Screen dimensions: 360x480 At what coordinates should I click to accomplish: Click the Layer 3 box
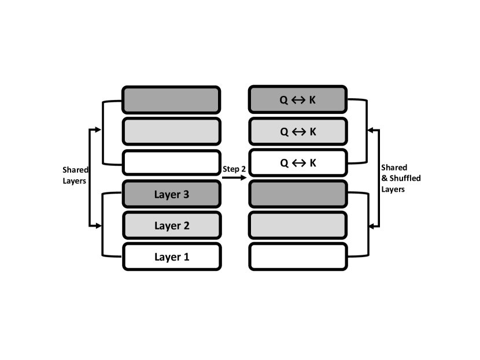click(171, 195)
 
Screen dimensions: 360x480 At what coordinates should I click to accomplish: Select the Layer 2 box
click(171, 225)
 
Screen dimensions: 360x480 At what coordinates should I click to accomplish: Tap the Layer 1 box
click(171, 257)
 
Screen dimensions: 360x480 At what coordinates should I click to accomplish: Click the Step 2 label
click(234, 168)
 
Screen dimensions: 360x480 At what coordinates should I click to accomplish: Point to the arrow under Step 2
click(234, 177)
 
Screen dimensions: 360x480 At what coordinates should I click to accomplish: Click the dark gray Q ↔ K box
click(298, 100)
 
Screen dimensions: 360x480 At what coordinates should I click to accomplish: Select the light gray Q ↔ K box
click(298, 131)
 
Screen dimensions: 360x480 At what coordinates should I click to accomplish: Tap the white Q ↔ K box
click(298, 163)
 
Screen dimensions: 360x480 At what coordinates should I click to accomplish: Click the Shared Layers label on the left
click(75, 175)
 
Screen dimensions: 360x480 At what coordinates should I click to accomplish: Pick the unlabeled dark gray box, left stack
click(171, 100)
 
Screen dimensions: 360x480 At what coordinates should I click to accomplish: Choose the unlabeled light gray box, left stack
click(171, 131)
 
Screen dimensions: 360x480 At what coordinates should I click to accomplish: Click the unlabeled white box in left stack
click(171, 163)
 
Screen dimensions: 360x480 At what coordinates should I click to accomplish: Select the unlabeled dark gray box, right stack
click(298, 195)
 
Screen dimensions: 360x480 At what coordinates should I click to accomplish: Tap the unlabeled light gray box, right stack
click(298, 225)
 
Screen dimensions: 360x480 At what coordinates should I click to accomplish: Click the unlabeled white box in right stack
click(298, 257)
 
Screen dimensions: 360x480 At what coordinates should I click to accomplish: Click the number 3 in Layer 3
click(185, 195)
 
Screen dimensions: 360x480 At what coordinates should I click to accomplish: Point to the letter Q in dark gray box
click(284, 100)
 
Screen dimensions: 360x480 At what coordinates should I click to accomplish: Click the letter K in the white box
click(313, 163)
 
